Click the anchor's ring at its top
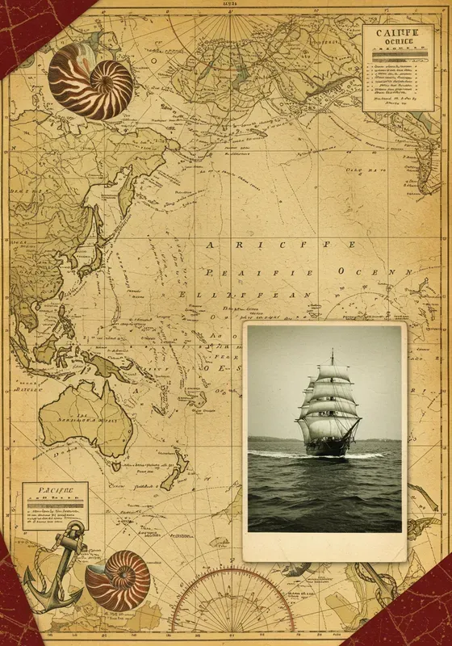point(76,527)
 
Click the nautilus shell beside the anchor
point(119,580)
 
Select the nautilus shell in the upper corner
point(90,80)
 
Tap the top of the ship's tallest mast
point(332,351)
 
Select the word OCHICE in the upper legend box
point(391,45)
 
